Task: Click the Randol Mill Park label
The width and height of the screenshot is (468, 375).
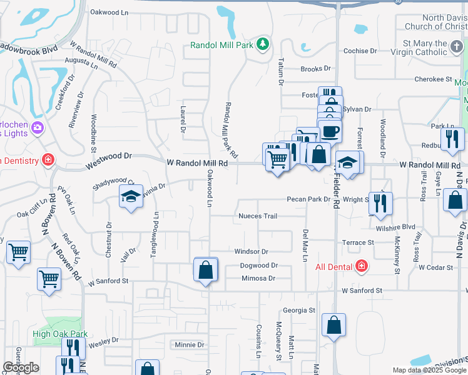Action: (222, 44)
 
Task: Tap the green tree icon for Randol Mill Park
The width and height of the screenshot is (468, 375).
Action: (263, 44)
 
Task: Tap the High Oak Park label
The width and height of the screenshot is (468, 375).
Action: (60, 334)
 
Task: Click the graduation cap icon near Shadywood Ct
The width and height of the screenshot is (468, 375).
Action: (131, 197)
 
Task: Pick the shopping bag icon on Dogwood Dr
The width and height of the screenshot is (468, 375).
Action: (205, 271)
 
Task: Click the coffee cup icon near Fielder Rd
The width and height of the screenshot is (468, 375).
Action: (331, 131)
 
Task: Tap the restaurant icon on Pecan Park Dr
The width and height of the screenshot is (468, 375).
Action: (380, 203)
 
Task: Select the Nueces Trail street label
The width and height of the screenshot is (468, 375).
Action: (257, 216)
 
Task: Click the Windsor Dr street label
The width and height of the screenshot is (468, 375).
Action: (251, 251)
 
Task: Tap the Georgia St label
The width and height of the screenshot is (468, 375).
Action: (298, 310)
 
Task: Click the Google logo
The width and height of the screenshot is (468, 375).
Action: (21, 367)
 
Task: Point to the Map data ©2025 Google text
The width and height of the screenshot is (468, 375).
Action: (429, 370)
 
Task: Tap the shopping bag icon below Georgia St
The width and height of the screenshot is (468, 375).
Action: (334, 325)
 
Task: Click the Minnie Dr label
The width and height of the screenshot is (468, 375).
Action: (190, 344)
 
